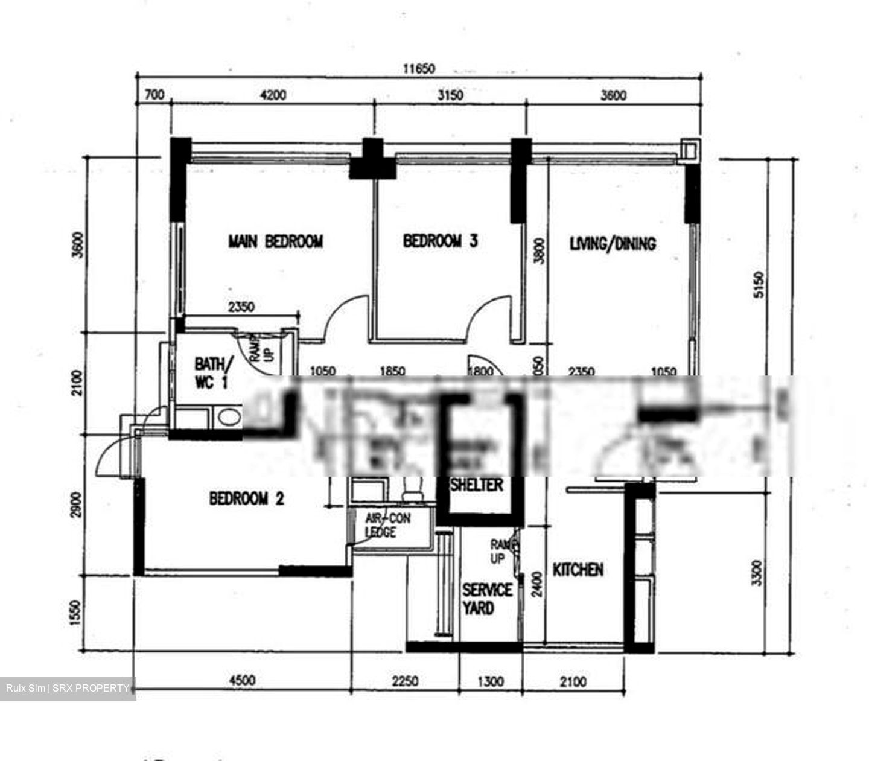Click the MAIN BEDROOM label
coord(275,242)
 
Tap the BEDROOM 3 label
coord(440,241)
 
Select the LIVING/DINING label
coord(613,244)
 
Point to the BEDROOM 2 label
coord(246,499)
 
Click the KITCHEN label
coord(578,570)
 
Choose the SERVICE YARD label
coord(486,599)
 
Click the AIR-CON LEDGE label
coord(387,525)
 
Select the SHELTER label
coord(477,485)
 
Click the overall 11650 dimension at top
coord(419,69)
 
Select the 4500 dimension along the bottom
coord(241,681)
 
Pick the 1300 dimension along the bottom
coord(490,682)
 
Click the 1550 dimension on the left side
coord(75,613)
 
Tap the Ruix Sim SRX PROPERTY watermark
coord(68,688)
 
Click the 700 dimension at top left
coord(154,95)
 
